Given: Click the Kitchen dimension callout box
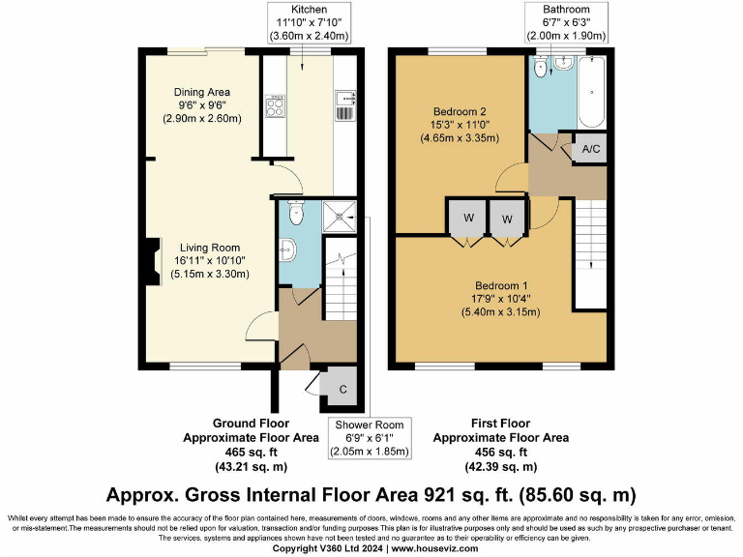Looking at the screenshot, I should coord(303,23).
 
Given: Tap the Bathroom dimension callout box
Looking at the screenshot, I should coord(566,23).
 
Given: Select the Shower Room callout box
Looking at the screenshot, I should coord(371,438).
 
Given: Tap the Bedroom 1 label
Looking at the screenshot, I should coord(499,298).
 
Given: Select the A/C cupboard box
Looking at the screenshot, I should coord(590,150).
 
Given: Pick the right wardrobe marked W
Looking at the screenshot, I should coord(506,218).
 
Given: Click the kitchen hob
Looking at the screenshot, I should coord(274,105).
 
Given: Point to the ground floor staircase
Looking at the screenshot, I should coord(340,277).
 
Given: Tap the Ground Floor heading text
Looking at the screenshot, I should coord(251,424).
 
